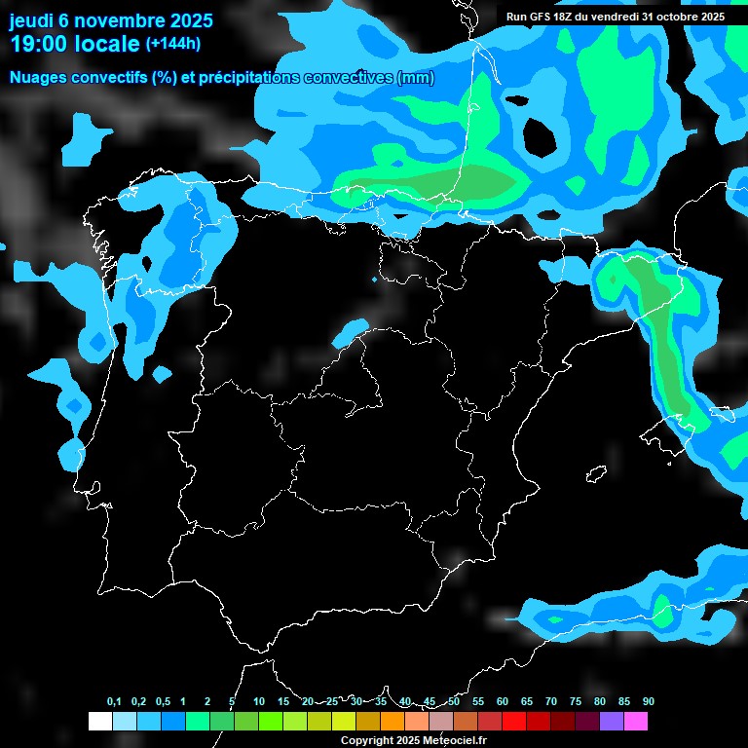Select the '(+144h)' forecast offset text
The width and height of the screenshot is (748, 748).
[172, 44]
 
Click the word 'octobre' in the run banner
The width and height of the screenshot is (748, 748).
[665, 17]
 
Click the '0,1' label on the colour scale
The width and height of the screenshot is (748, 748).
[114, 701]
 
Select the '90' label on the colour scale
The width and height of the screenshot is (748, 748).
[649, 701]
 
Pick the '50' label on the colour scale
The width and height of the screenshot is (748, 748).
[454, 701]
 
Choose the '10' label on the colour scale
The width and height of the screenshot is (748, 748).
[259, 701]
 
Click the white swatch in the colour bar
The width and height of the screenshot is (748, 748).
[99, 721]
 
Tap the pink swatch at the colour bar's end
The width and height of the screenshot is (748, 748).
[635, 721]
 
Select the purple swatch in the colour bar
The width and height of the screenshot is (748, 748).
[611, 721]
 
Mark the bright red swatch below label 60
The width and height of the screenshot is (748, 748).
[513, 721]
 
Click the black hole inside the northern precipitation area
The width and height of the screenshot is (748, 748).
[536, 137]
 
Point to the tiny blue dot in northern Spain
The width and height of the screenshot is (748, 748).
[374, 280]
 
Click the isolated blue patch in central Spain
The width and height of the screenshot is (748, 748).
[349, 333]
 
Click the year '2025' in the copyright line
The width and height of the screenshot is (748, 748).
[403, 740]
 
